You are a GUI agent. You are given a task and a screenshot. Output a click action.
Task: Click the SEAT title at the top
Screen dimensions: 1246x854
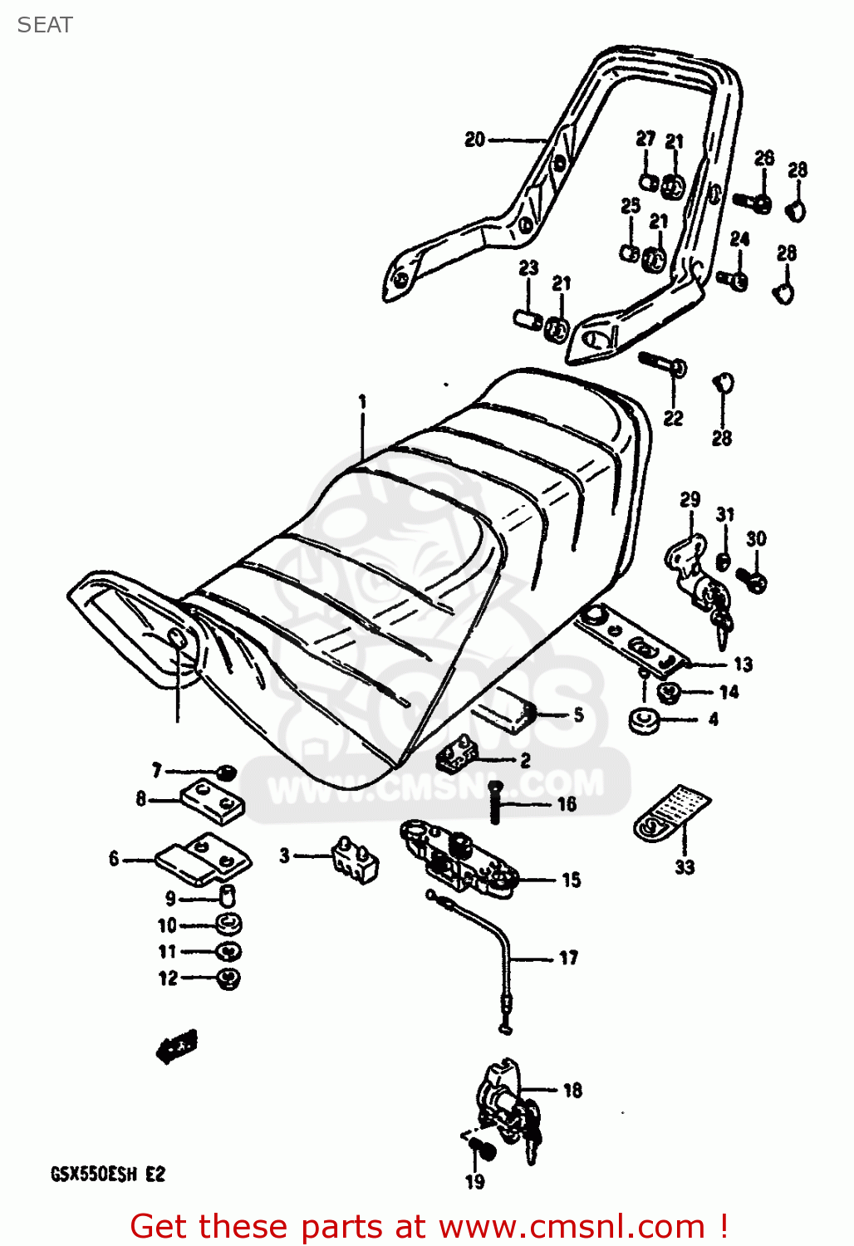pos(45,25)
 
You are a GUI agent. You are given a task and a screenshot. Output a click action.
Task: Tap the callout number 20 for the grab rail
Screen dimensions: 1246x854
pos(474,140)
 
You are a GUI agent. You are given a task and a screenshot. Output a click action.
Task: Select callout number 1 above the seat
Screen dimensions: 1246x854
pos(362,402)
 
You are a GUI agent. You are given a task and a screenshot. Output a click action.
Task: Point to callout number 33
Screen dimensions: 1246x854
pos(684,867)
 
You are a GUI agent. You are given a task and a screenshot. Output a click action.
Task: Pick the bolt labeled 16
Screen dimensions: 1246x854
pos(496,802)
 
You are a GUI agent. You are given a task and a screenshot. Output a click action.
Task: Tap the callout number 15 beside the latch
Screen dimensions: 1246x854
pos(572,880)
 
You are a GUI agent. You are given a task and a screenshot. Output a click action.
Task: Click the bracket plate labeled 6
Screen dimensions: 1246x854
pos(203,859)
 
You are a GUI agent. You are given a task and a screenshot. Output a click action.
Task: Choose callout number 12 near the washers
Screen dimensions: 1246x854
pos(168,979)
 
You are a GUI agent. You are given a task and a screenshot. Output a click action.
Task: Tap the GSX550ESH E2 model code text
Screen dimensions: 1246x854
pos(108,1175)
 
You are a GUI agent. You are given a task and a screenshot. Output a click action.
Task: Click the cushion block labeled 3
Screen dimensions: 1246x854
pos(354,859)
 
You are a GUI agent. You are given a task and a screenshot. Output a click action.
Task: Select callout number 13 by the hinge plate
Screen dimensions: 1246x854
pos(743,664)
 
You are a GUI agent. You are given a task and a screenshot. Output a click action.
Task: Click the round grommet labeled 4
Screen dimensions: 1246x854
pos(644,719)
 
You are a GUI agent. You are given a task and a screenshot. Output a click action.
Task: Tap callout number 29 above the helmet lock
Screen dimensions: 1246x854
pos(690,499)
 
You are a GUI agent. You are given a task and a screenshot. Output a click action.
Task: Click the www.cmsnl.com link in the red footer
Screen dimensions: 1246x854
pos(572,1227)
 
